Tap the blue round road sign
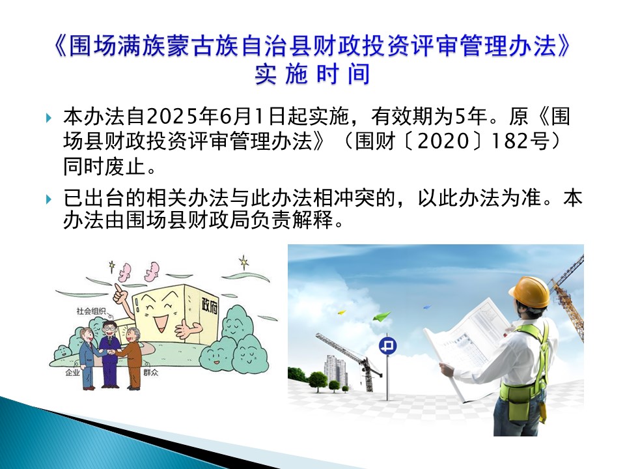387,345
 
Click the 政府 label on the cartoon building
210,306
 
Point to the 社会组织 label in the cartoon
91,311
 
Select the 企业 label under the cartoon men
72,373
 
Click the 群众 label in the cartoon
151,373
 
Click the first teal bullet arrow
49,118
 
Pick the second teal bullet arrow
49,199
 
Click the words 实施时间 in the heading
312,74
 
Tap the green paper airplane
382,317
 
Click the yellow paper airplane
342,312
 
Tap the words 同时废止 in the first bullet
104,166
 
